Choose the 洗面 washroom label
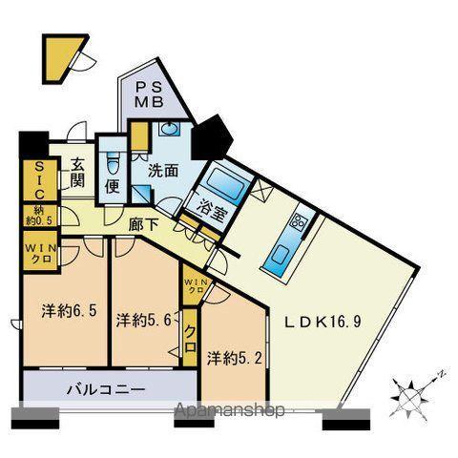(x=161, y=172)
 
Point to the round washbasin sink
(x=169, y=131)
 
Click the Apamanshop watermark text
(x=230, y=411)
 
